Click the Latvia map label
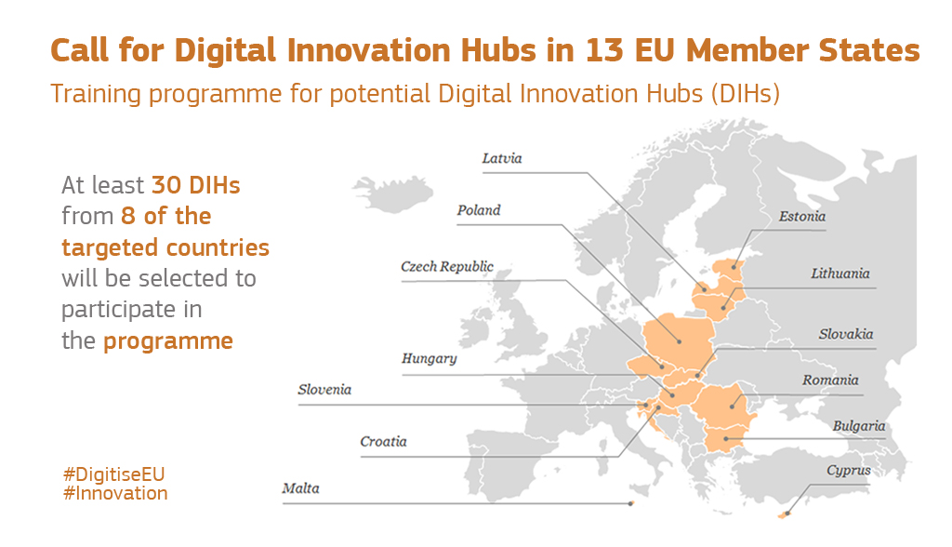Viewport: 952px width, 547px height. pyautogui.click(x=502, y=158)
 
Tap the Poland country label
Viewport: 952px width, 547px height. pyautogui.click(x=479, y=210)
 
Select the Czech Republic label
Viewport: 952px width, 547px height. pyautogui.click(x=447, y=267)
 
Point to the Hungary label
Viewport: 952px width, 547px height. pyautogui.click(x=429, y=358)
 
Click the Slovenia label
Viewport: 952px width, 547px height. pyautogui.click(x=324, y=390)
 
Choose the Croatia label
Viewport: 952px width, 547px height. pyautogui.click(x=383, y=441)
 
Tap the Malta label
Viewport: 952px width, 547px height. pyautogui.click(x=300, y=488)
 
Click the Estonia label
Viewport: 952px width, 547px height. pyautogui.click(x=802, y=217)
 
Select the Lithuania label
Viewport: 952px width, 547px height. pyautogui.click(x=840, y=273)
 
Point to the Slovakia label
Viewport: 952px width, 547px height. pyautogui.click(x=846, y=334)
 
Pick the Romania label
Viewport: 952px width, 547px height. pyautogui.click(x=831, y=380)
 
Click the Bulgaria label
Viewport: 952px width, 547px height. pyautogui.click(x=859, y=426)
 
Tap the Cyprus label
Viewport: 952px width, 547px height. pyautogui.click(x=849, y=470)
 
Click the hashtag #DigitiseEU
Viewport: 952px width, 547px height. pyautogui.click(x=113, y=474)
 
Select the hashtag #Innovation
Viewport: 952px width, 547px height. pyautogui.click(x=115, y=493)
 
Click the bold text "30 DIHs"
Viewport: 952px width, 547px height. pyautogui.click(x=195, y=185)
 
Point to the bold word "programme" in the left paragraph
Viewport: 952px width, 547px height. pyautogui.click(x=167, y=340)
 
